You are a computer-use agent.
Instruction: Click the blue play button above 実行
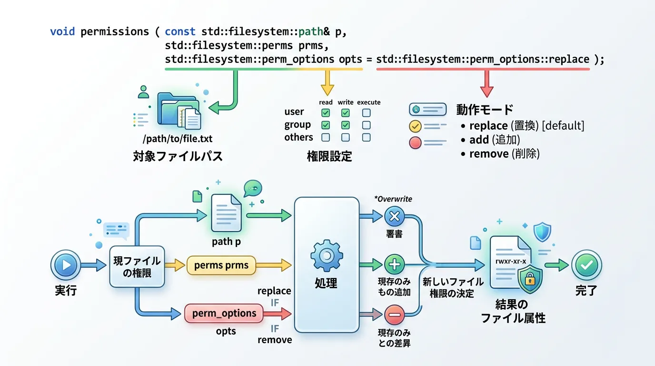point(66,265)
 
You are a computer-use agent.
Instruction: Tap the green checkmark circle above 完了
point(586,265)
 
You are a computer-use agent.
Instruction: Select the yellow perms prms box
point(221,265)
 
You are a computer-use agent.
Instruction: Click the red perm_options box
point(224,314)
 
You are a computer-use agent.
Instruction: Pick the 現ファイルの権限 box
point(137,266)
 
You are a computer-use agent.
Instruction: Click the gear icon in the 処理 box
point(327,256)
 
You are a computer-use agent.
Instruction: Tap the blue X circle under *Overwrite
point(394,216)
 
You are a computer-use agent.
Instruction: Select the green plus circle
point(394,264)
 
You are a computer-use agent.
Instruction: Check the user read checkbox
point(326,113)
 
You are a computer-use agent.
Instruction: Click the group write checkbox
point(346,125)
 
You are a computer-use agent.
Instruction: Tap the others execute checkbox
point(366,138)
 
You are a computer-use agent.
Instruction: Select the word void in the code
point(63,32)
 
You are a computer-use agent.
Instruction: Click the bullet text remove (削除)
point(504,154)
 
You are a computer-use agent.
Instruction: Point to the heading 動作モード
point(485,109)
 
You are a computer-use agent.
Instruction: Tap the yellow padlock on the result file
point(529,280)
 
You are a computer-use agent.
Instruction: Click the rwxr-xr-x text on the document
point(510,262)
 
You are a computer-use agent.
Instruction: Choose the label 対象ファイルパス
point(178,156)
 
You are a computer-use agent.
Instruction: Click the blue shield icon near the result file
point(542,233)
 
